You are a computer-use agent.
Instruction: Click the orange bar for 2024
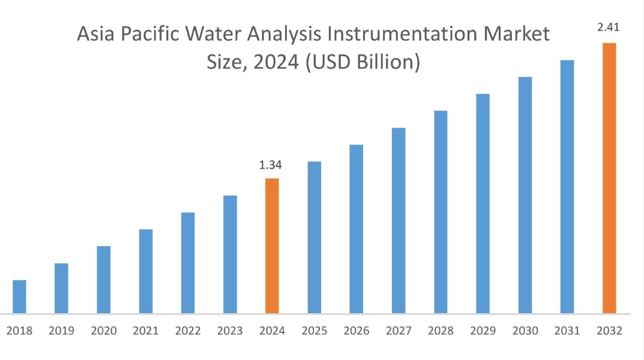click(272, 246)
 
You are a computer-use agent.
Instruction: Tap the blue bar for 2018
click(19, 296)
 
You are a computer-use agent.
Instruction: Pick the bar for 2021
click(146, 271)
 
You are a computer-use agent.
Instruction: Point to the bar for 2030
click(525, 195)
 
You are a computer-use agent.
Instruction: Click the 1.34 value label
click(271, 165)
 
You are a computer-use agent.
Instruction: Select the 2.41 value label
click(608, 28)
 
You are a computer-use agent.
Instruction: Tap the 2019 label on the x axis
click(61, 331)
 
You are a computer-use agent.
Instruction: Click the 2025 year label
click(314, 331)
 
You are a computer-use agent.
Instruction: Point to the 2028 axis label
click(441, 331)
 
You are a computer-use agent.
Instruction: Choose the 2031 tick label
click(567, 331)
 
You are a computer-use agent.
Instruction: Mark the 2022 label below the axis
click(188, 331)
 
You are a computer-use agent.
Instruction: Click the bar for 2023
click(230, 254)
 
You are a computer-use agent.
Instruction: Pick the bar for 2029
click(483, 203)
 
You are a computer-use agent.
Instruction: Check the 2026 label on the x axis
click(357, 331)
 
